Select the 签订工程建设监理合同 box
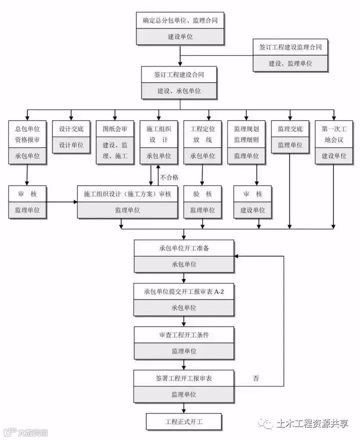click(x=290, y=47)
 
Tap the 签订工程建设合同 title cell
click(x=178, y=74)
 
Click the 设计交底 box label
click(x=71, y=128)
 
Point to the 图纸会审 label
click(x=115, y=128)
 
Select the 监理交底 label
click(x=290, y=128)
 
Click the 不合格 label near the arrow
click(x=169, y=177)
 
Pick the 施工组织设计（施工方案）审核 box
click(x=127, y=194)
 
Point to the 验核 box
click(x=202, y=194)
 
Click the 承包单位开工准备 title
click(x=183, y=248)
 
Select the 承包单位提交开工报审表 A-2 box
click(x=183, y=292)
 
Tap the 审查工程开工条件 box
click(x=183, y=335)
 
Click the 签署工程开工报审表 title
click(x=183, y=378)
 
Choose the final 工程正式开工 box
click(x=183, y=421)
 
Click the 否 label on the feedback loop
click(x=256, y=378)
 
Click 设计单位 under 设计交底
click(x=71, y=145)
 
